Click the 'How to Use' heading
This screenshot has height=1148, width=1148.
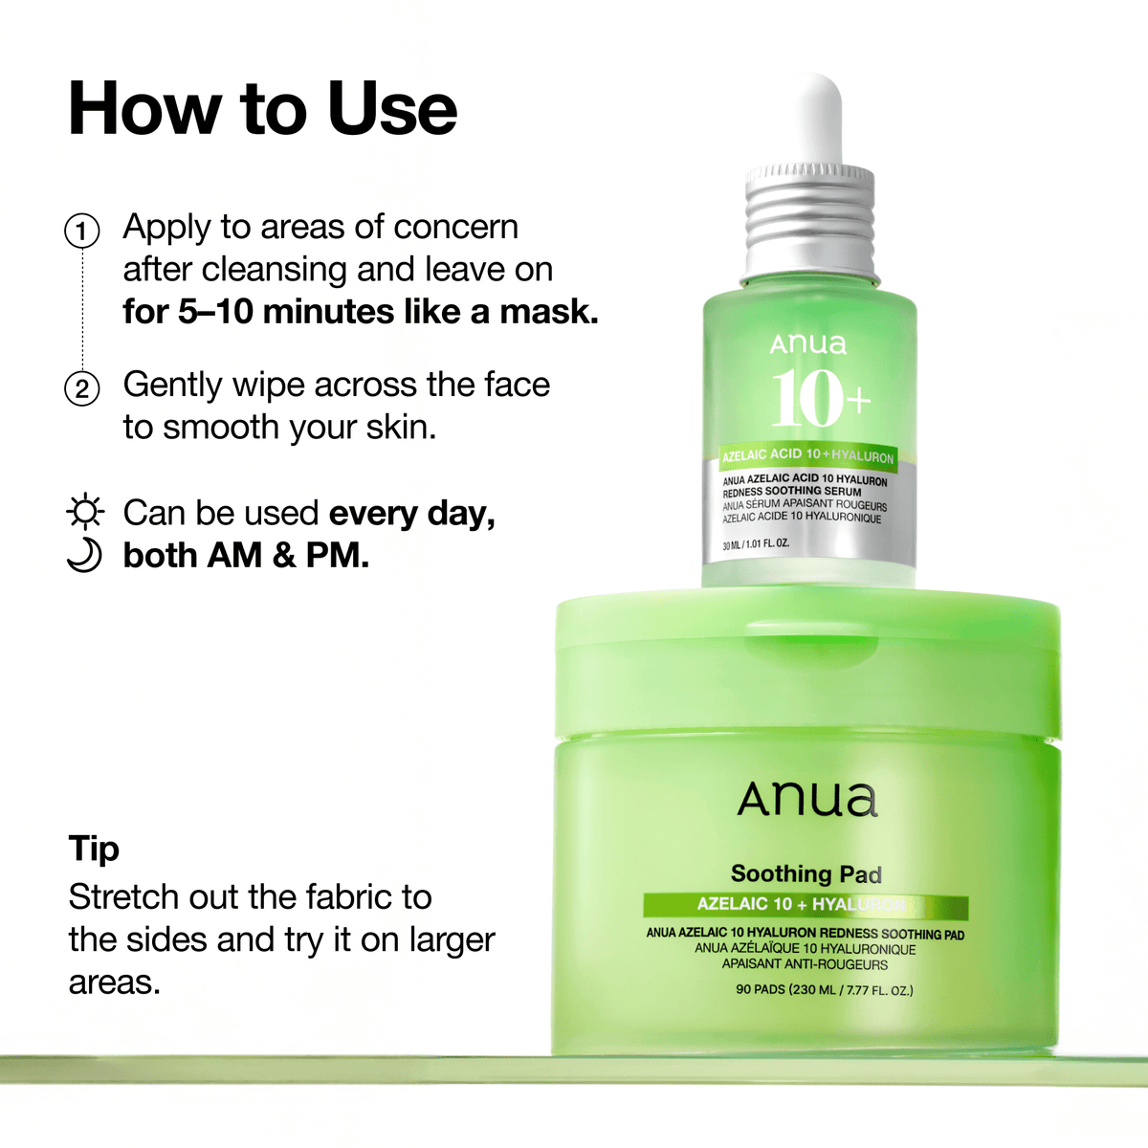263,109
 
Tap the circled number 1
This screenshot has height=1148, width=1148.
82,232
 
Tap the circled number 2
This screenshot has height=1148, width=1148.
82,389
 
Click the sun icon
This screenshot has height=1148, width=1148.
85,513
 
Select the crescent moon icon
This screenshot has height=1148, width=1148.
85,556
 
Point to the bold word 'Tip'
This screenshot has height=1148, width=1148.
94,849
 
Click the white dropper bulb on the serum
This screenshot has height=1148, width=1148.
809,120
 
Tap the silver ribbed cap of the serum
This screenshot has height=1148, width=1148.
809,218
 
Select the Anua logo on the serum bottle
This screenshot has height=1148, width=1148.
808,343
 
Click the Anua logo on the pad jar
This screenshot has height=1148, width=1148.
807,800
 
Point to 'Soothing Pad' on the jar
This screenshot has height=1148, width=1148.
806,873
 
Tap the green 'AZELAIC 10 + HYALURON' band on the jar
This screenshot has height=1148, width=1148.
805,905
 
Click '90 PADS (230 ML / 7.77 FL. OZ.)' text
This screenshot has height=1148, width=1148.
824,989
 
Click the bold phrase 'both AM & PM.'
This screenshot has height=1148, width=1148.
246,556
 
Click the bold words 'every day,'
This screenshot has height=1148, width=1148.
411,514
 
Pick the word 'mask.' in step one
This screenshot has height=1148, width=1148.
549,312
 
